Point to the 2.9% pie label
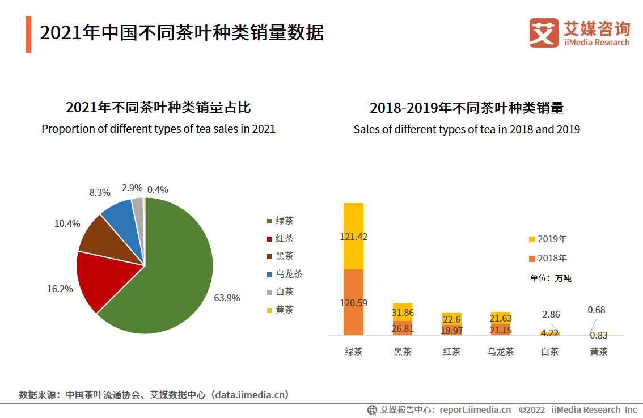point(132,188)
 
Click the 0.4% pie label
point(158,189)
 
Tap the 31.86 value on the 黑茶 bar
point(403,313)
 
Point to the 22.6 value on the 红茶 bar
point(452,319)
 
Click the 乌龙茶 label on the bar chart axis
point(501,352)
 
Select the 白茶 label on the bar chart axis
point(550,352)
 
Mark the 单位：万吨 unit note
point(551,278)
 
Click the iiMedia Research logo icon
point(544,33)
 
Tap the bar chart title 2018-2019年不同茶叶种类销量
point(467,108)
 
